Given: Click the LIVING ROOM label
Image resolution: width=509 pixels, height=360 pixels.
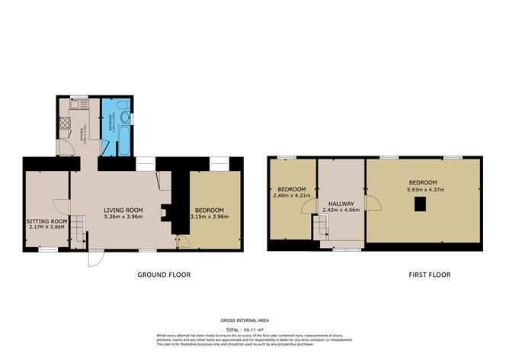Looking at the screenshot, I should click(123, 210).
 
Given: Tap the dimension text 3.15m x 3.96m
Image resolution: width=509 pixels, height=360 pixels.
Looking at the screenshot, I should click(209, 217).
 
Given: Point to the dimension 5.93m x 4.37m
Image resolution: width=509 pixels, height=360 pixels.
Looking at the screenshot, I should click(421, 190).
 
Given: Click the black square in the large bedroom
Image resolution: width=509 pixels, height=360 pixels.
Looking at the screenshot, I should click(418, 203).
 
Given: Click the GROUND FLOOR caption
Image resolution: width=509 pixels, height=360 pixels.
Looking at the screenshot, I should click(164, 275).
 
